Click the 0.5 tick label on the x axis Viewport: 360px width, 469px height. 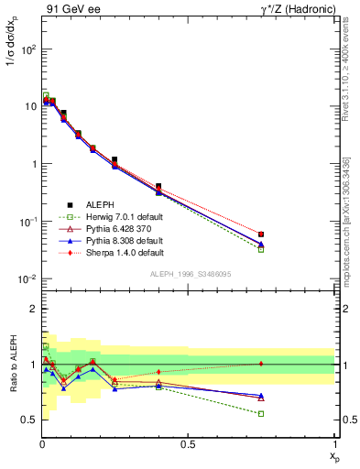click(x=188, y=445)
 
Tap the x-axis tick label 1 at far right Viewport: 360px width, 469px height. click(x=333, y=445)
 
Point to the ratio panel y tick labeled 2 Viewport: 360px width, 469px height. click(x=31, y=309)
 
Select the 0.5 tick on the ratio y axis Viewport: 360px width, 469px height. click(x=27, y=420)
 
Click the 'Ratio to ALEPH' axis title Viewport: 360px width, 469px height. click(x=11, y=364)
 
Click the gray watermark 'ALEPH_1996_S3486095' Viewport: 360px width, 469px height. click(x=188, y=275)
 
